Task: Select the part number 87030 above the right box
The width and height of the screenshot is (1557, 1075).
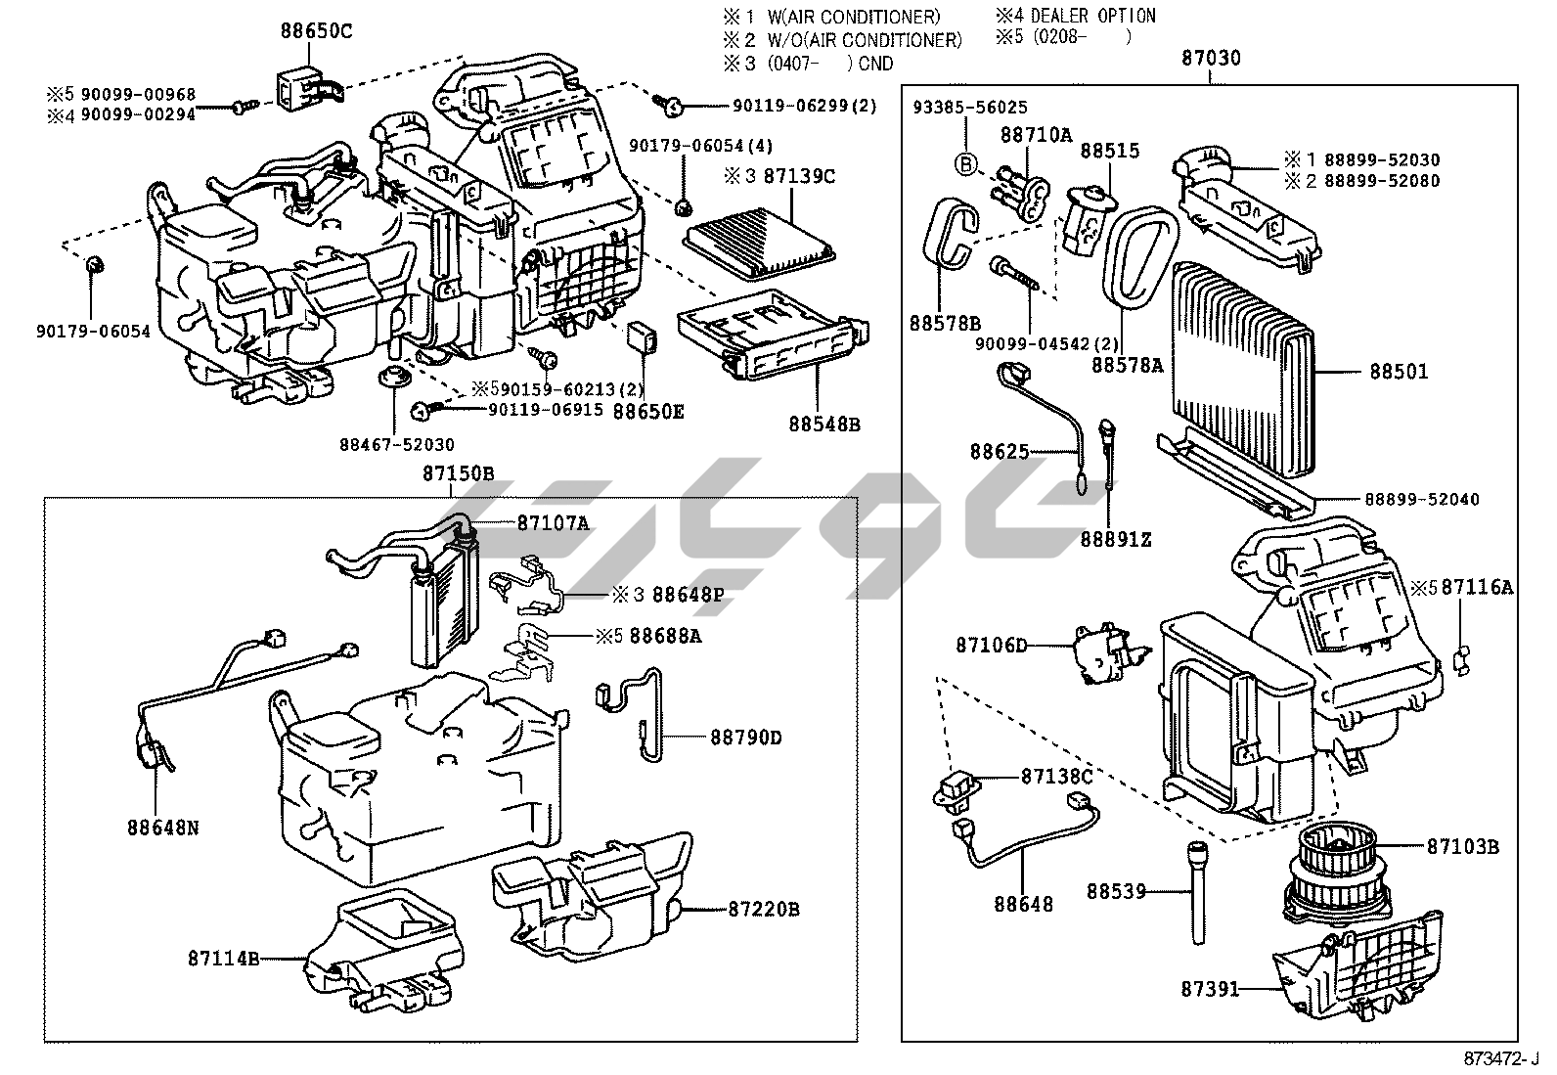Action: point(1211,58)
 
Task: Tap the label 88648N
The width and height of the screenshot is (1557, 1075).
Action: point(162,828)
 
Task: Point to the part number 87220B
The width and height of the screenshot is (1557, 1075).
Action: point(763,910)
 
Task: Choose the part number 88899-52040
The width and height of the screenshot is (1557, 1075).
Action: point(1422,500)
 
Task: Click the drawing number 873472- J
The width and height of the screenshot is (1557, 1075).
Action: point(1500,1058)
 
